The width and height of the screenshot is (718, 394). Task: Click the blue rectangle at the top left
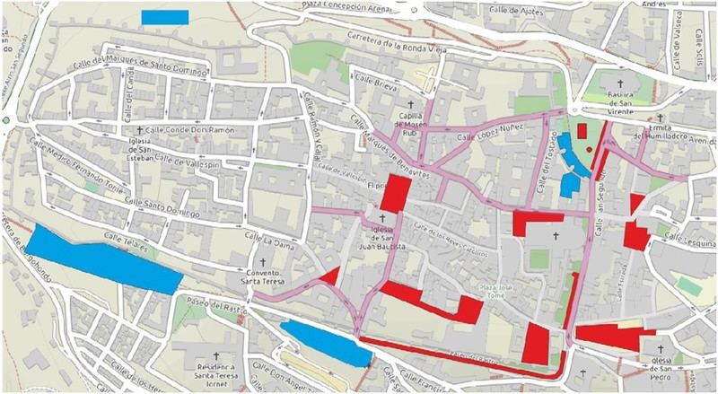click(165, 16)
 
